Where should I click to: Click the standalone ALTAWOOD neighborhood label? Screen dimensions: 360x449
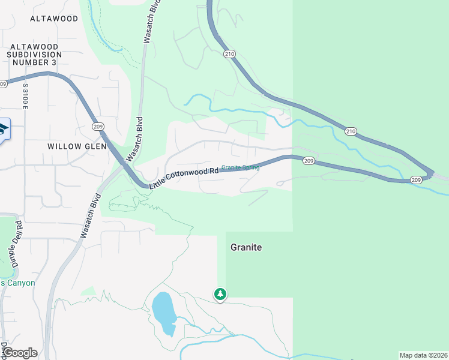coord(55,19)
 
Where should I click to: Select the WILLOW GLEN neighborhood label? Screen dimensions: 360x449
coord(77,146)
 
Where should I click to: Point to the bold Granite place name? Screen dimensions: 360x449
coord(247,247)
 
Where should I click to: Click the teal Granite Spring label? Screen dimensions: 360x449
coord(240,167)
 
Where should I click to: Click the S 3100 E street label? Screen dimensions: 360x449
coord(25,97)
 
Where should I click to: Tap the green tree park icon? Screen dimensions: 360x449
coord(220,294)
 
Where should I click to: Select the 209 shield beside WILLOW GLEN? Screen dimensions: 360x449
coord(97,126)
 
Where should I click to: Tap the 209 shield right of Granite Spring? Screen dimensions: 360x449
coord(309,161)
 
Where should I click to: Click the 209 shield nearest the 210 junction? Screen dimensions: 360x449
coord(417,180)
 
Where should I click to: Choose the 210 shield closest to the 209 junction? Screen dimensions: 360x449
coord(351,131)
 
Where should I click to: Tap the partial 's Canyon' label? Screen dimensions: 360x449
coord(18,283)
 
